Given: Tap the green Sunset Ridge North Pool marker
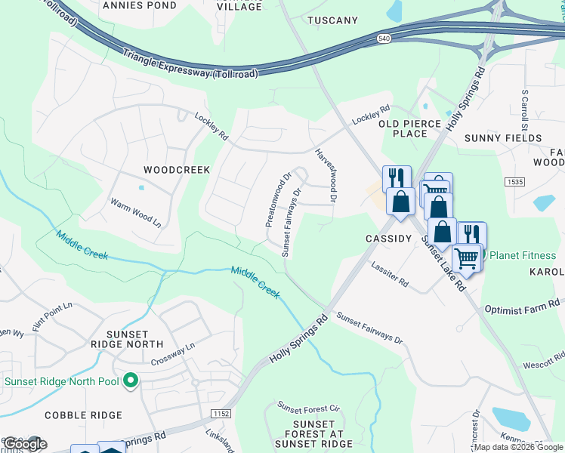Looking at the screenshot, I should pyautogui.click(x=130, y=381).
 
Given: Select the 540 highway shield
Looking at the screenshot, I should pyautogui.click(x=385, y=38).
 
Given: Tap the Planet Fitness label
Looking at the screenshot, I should pyautogui.click(x=523, y=255).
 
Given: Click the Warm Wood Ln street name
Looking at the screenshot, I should pyautogui.click(x=136, y=214).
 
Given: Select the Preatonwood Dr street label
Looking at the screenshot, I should pyautogui.click(x=277, y=200).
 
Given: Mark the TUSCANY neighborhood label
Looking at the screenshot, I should pyautogui.click(x=333, y=20).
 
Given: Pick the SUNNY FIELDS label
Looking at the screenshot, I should pyautogui.click(x=503, y=138).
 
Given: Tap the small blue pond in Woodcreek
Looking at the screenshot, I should pyautogui.click(x=141, y=188).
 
